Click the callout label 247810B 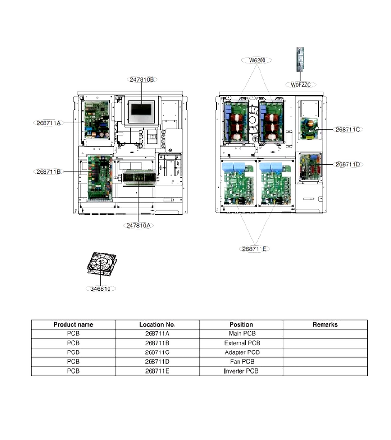click(142, 79)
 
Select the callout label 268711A click(48, 123)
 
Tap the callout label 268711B click(48, 171)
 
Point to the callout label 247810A click(138, 225)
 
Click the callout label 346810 click(100, 289)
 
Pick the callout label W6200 click(257, 60)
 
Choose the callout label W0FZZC click(301, 85)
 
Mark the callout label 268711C click(348, 129)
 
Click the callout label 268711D click(348, 164)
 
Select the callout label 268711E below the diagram click(255, 249)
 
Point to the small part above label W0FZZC click(300, 60)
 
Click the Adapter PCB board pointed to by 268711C click(309, 129)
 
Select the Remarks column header click(325, 325)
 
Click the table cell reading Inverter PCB click(241, 371)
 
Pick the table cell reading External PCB click(241, 343)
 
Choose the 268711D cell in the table click(157, 362)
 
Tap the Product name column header click(73, 325)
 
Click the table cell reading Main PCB click(241, 333)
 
